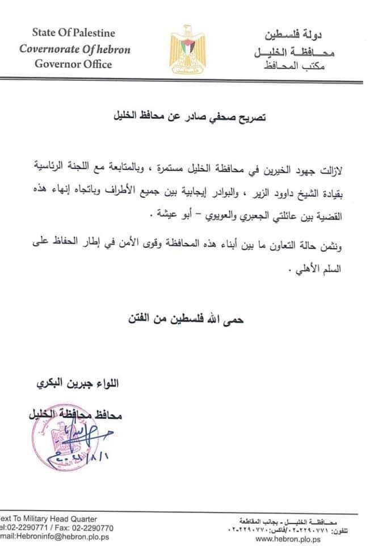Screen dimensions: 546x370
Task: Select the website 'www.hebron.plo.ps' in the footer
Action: click(x=289, y=539)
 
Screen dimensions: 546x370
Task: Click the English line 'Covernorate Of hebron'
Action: click(x=75, y=48)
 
